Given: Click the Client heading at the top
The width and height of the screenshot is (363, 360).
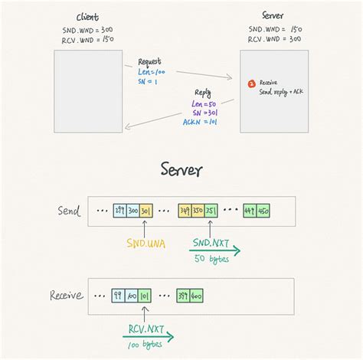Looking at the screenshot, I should pyautogui.click(x=87, y=18).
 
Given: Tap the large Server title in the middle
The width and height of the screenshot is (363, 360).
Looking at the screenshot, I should pyautogui.click(x=181, y=169).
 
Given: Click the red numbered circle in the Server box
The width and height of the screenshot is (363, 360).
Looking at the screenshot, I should pyautogui.click(x=251, y=83).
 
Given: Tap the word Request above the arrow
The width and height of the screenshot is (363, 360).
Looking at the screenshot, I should pyautogui.click(x=150, y=61).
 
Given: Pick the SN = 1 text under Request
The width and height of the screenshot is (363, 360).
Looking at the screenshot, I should pyautogui.click(x=147, y=81).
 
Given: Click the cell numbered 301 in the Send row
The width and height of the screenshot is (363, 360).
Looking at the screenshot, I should pyautogui.click(x=146, y=210).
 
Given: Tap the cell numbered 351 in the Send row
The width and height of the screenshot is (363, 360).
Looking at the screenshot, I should pyautogui.click(x=211, y=210).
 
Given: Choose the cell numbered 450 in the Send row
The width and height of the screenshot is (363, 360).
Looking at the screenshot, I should pyautogui.click(x=264, y=210).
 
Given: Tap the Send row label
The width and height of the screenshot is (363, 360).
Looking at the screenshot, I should pyautogui.click(x=69, y=210).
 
